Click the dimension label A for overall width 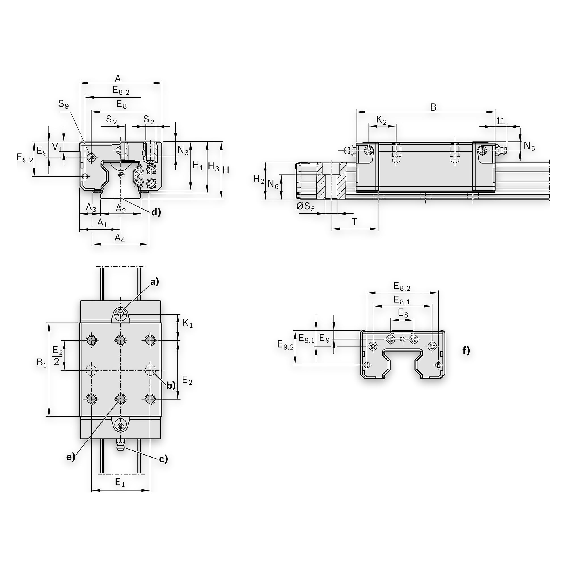118,78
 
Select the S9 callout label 64,104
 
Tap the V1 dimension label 57,147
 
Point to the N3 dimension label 183,151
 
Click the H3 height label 213,167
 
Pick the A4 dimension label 120,238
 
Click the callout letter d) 156,212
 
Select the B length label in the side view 433,107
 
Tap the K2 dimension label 382,120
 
